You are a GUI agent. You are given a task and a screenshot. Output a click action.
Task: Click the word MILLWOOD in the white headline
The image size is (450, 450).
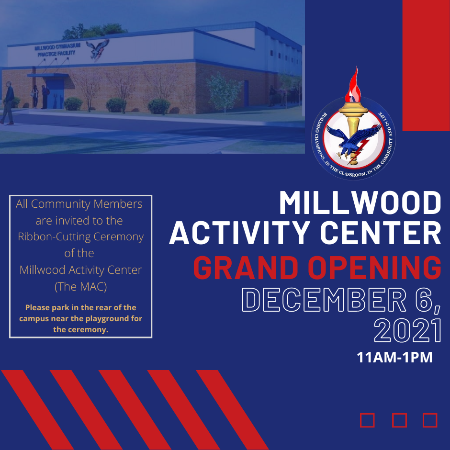tap(360, 203)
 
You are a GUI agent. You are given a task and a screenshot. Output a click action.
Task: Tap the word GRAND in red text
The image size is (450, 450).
tap(246, 268)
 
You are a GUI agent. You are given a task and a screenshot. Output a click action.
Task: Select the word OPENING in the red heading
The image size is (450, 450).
tap(374, 268)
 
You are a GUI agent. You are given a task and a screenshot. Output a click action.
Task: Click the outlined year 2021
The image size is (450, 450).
tap(407, 330)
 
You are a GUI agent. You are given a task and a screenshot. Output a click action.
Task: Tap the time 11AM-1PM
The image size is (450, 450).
tap(394, 357)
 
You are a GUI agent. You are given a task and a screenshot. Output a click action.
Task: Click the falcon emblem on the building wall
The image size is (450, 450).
tap(98, 49)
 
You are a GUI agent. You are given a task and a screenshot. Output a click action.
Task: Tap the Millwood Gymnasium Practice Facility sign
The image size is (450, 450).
tap(57, 50)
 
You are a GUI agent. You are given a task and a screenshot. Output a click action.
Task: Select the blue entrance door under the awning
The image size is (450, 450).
tap(55, 93)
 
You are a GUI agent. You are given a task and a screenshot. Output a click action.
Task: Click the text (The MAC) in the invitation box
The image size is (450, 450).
tap(80, 286)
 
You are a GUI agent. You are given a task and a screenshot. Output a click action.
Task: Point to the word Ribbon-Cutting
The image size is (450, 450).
tap(54, 237)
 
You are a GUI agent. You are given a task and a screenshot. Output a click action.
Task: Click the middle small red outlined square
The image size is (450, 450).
tap(399, 420)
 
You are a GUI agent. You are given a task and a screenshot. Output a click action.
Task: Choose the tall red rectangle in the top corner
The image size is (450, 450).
tap(426, 66)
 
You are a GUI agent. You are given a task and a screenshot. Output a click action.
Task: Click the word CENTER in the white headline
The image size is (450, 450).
tap(381, 233)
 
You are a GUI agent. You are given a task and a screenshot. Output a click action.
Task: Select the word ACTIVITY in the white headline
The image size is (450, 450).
tap(240, 233)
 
